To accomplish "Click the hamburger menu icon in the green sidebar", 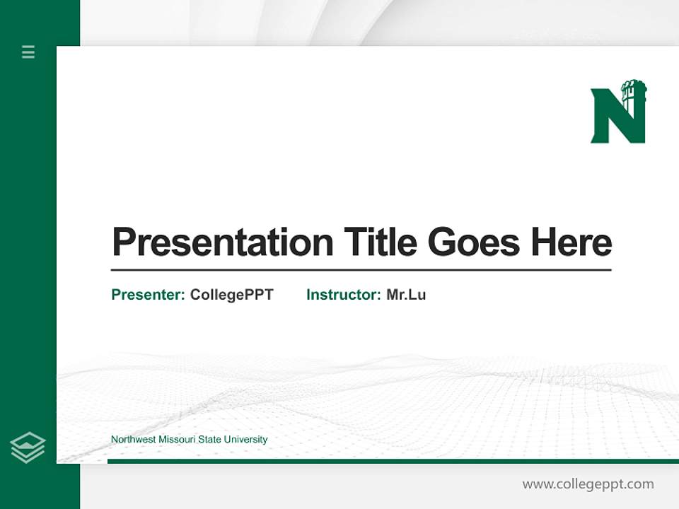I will point(28,52).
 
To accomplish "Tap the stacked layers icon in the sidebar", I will point(28,447).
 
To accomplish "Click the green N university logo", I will point(617,113).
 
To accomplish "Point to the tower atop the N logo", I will point(634,92).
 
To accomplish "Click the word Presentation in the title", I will point(222,242).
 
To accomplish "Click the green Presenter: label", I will point(148,295).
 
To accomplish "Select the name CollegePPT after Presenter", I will point(231,295).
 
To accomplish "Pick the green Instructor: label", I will point(343,295).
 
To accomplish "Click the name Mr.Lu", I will point(406,295).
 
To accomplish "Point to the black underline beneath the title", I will point(361,269).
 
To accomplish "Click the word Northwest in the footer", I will point(133,440).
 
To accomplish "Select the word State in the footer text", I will point(209,440).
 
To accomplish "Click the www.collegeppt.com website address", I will point(588,484).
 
